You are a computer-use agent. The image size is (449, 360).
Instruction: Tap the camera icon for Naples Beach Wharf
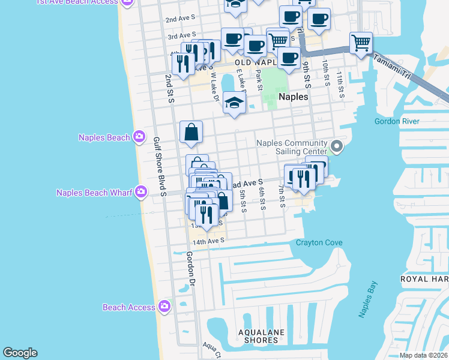(x=141, y=193)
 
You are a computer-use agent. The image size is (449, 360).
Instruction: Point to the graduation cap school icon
(x=234, y=102)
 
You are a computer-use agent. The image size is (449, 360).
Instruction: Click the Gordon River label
(x=396, y=121)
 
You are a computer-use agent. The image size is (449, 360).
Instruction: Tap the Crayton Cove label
(x=319, y=243)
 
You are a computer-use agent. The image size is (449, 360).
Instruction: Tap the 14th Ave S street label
(x=208, y=241)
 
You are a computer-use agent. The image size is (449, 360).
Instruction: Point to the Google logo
(x=20, y=353)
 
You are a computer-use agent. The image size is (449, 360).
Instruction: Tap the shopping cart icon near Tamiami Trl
(x=361, y=43)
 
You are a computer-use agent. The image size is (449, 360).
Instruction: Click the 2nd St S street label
(x=170, y=88)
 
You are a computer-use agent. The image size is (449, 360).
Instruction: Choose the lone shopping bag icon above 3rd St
(x=191, y=132)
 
